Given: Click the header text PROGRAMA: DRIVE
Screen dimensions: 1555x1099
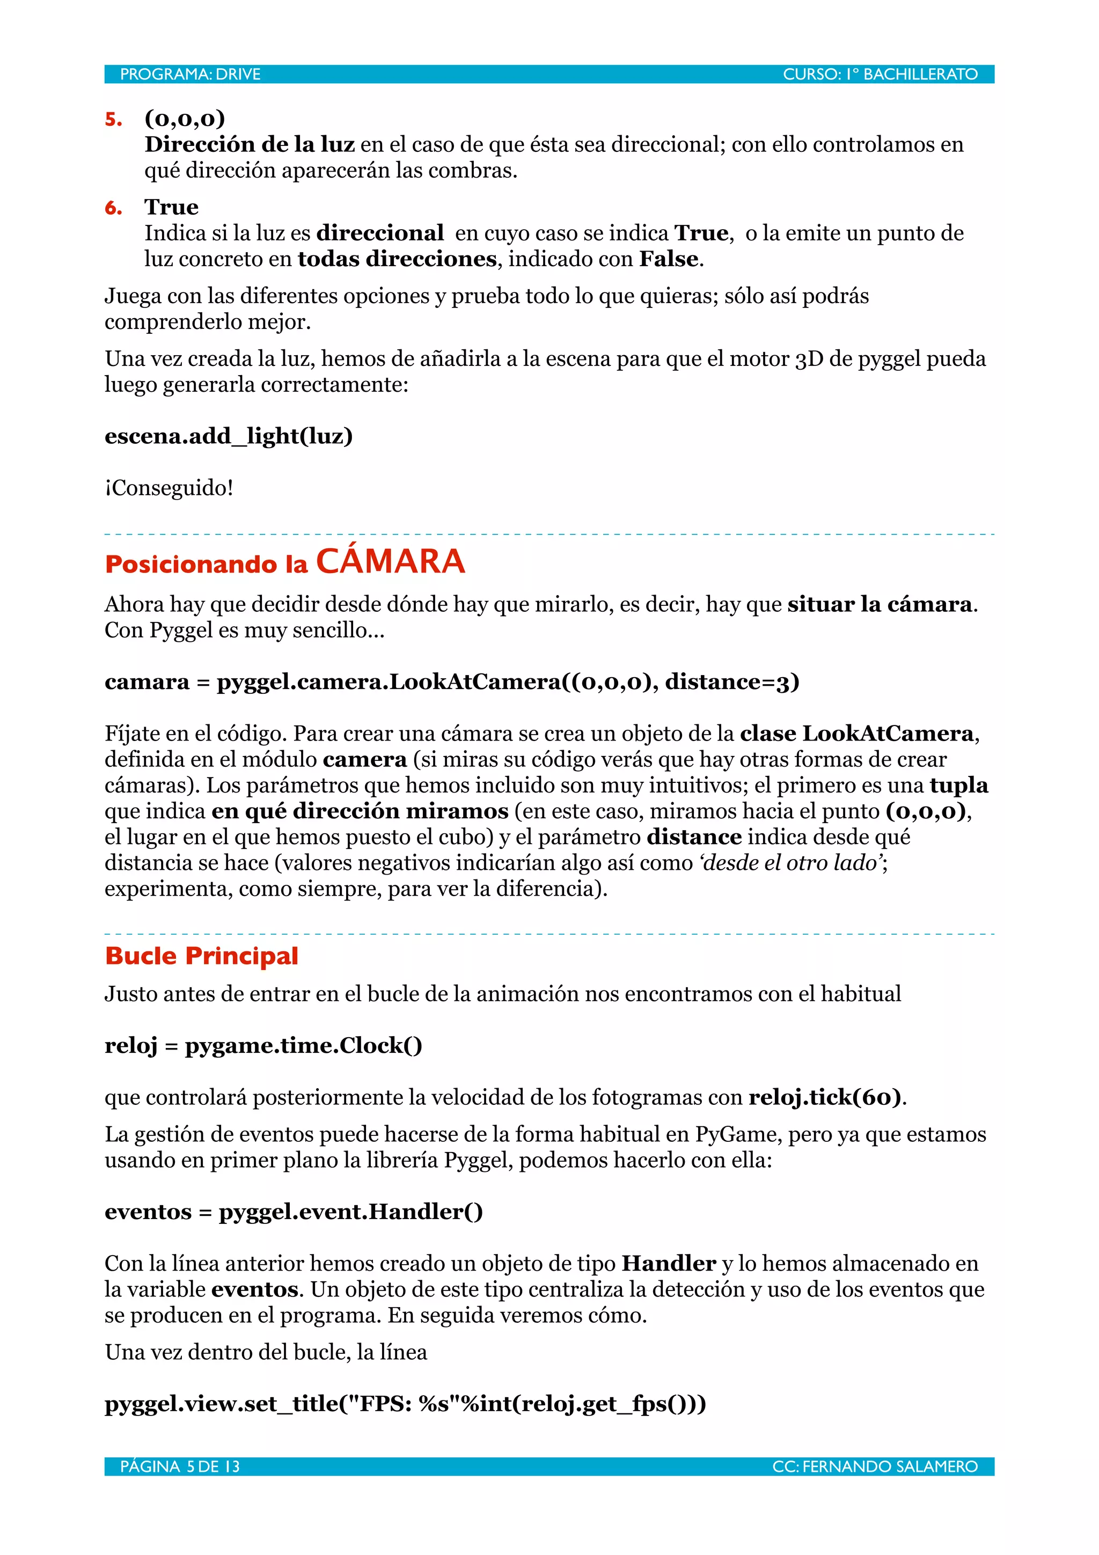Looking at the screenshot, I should click(191, 75).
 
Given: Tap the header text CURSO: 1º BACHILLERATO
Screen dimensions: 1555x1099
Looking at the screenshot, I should click(880, 75).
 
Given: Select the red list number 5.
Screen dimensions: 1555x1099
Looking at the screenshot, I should click(114, 120).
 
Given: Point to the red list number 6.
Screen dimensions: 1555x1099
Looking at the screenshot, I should click(114, 208).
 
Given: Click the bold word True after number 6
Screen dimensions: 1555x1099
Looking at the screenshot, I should click(171, 207).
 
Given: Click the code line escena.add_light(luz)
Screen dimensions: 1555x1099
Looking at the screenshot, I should click(228, 436).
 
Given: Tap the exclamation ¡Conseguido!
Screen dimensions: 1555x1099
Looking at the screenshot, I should click(168, 488).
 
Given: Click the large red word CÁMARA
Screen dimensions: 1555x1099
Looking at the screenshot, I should click(390, 561).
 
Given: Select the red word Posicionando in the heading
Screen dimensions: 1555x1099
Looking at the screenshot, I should click(191, 564).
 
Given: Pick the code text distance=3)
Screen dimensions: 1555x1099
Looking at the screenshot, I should click(732, 681).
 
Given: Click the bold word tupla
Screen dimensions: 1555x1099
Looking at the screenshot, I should click(958, 785).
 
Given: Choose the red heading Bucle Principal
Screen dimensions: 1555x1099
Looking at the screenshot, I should click(201, 956).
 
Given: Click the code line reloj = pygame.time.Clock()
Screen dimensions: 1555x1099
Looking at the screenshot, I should click(263, 1046).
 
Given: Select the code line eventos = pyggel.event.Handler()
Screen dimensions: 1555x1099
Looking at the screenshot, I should click(293, 1212).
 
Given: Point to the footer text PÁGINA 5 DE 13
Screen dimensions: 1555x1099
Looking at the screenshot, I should click(180, 1467).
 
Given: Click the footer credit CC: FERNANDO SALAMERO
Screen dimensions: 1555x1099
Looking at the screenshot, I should click(875, 1467).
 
